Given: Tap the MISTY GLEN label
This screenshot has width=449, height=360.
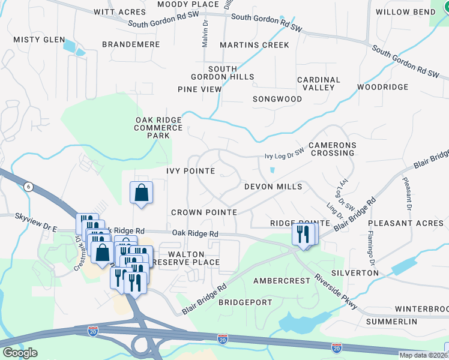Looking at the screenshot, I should tap(39, 40).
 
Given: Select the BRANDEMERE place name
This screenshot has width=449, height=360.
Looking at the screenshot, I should tap(131, 44).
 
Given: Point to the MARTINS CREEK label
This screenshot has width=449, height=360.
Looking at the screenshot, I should tap(255, 45).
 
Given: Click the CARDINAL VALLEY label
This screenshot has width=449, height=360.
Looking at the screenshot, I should tap(319, 83).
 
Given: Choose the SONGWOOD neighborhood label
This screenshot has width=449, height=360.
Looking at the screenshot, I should tap(277, 98).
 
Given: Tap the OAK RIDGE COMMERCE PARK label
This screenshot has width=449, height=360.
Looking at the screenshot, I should tap(158, 127).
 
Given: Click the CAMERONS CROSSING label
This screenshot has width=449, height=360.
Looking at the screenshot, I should tap(332, 149).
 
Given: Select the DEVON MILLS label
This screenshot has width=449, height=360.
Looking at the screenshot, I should tap(273, 187).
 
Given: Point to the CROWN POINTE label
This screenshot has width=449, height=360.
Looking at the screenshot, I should tap(204, 212).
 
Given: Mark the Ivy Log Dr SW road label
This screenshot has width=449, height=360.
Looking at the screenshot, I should tap(285, 156).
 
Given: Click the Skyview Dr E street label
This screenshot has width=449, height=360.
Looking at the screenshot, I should tap(35, 214).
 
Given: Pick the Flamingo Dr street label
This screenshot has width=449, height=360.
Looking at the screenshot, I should tap(372, 248).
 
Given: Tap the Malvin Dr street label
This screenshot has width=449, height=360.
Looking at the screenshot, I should tap(205, 35).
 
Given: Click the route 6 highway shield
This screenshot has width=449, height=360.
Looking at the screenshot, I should tap(27, 187).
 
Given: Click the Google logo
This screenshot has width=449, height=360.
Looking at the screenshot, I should tap(19, 353).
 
